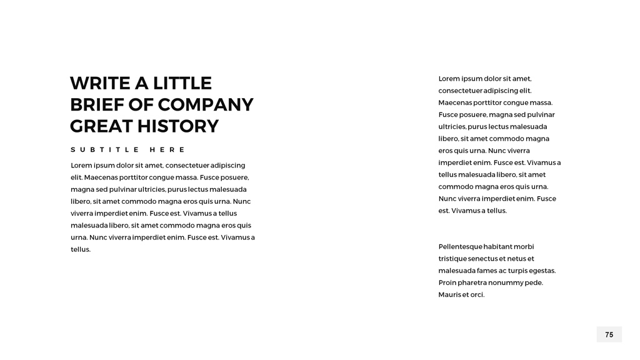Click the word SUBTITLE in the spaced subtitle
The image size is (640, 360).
tap(105, 150)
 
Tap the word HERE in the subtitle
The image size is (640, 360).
tap(167, 150)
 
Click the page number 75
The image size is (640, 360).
tap(609, 334)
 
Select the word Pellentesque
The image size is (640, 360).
tap(460, 247)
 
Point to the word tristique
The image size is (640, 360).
tap(452, 259)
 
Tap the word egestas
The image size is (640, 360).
tap(542, 271)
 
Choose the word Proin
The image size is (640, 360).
tap(447, 282)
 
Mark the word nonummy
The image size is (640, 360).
tap(507, 282)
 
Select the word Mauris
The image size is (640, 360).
tap(449, 294)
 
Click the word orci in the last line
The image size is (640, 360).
tap(477, 294)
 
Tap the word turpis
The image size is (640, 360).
tap(516, 271)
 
